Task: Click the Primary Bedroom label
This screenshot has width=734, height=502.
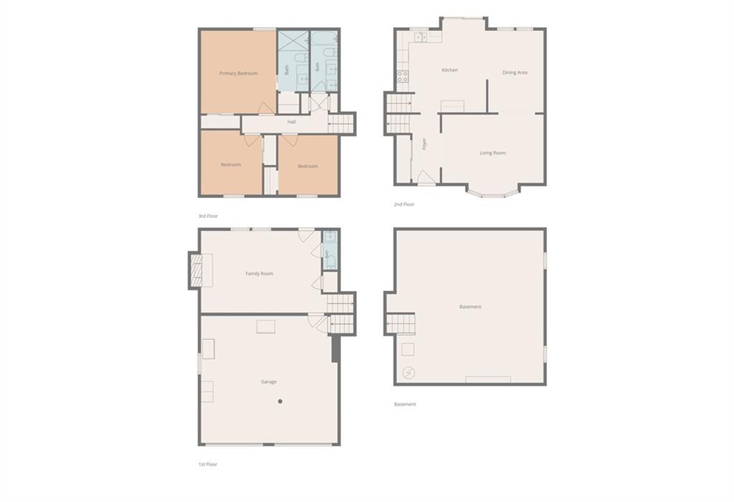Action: pos(238,74)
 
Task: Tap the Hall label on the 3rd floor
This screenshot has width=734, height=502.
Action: pos(292,122)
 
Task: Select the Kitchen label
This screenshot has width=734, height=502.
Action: pos(450,70)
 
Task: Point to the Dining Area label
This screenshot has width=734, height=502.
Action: pos(515,72)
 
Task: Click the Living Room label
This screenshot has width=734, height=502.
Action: pos(492,153)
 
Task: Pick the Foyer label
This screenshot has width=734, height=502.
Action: pos(424,143)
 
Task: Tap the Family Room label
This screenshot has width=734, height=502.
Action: pos(259,273)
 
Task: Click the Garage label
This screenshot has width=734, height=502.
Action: pos(269,382)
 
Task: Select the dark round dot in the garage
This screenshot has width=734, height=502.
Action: pos(280,402)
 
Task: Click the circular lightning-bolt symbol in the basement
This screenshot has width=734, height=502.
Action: pos(409,373)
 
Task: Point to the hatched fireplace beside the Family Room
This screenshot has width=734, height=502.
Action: pos(196,270)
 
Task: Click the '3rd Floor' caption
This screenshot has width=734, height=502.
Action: pos(208,217)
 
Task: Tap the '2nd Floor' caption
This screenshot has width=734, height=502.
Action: pos(404,204)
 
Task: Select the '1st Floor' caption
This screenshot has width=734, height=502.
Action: pos(207,465)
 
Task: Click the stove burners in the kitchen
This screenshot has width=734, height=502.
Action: pos(403,76)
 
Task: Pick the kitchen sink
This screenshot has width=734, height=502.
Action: pos(420,37)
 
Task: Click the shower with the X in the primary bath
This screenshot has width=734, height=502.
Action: pos(293,42)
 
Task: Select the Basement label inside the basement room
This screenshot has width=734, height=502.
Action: pos(470,307)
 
